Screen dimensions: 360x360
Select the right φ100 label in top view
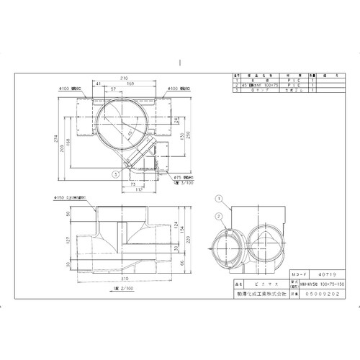pos(177,89)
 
